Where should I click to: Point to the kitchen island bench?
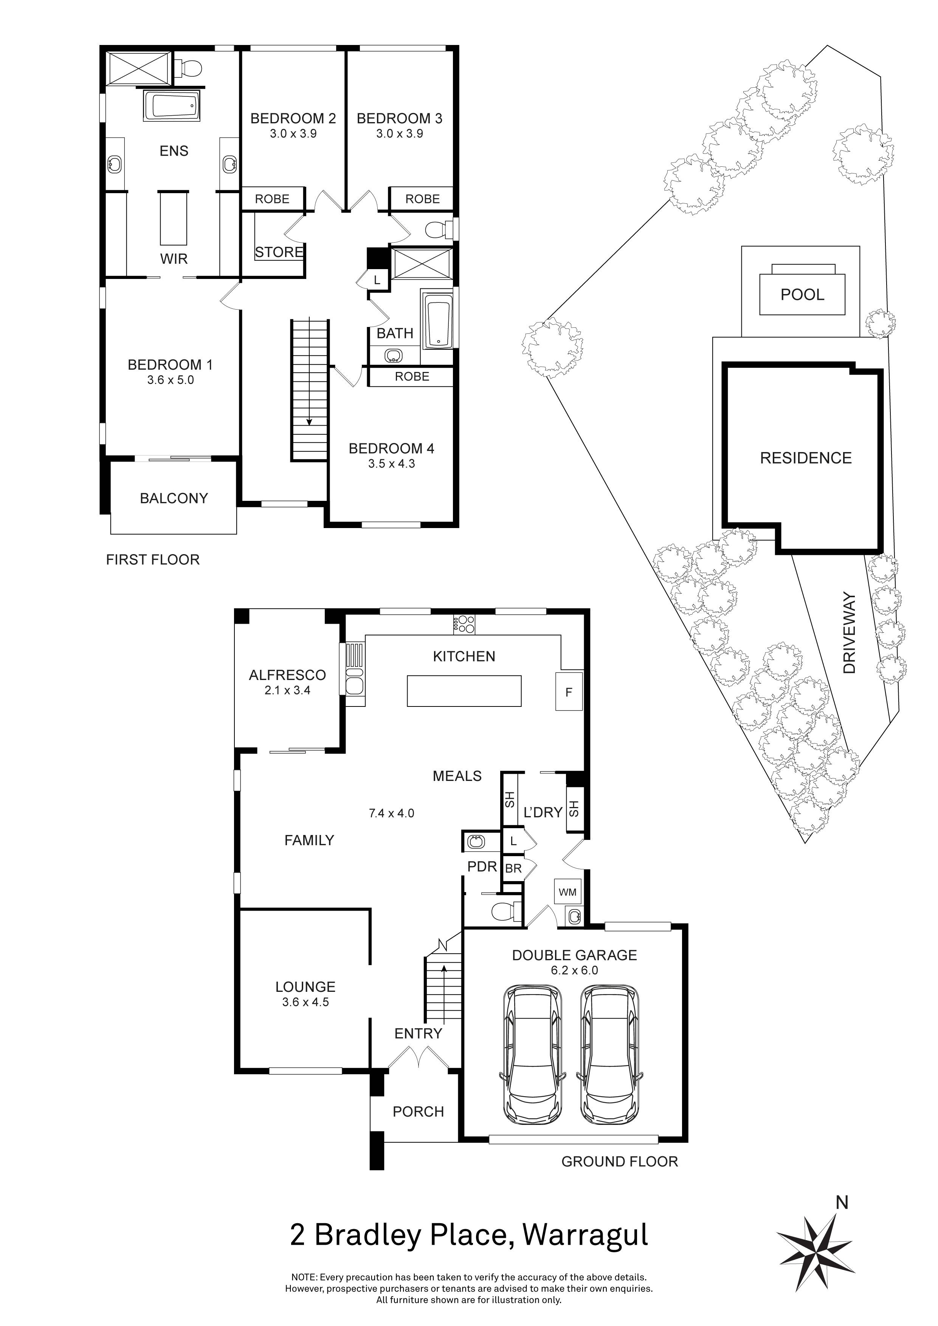tap(464, 691)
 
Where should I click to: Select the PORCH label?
tap(418, 1112)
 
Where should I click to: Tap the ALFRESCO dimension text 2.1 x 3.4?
tap(287, 690)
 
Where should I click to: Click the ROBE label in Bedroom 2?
tap(272, 199)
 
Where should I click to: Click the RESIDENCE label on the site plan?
tap(805, 458)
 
